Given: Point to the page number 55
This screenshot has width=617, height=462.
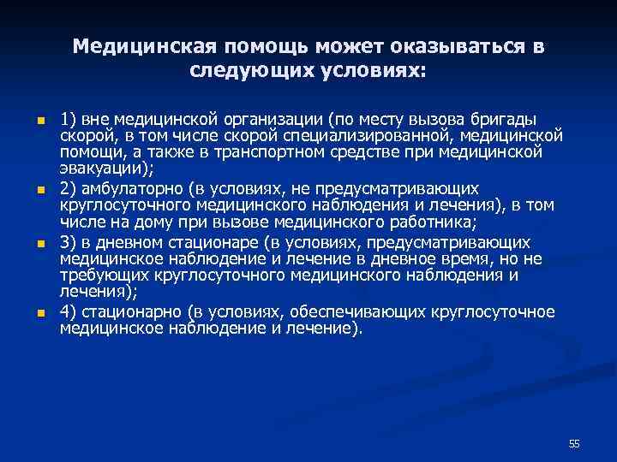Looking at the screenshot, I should [x=574, y=443].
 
